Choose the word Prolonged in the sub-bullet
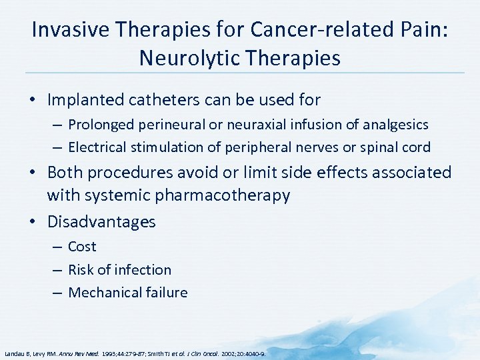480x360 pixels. (99, 125)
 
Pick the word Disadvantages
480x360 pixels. (101, 222)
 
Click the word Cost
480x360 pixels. (82, 247)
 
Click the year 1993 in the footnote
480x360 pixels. (110, 354)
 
